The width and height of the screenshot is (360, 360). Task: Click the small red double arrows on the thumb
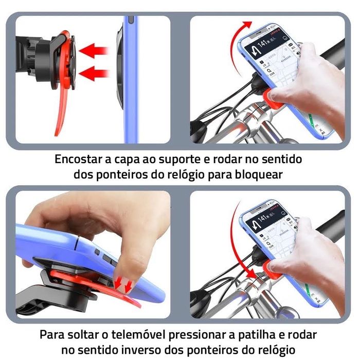(x=123, y=282)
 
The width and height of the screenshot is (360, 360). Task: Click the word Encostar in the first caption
(x=80, y=159)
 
